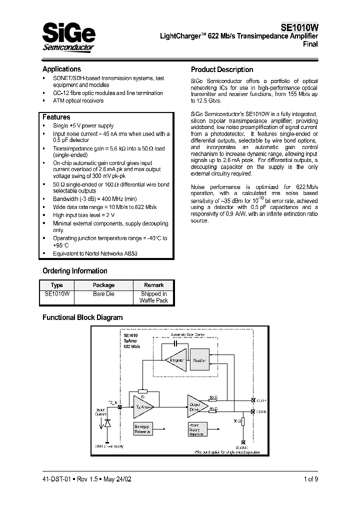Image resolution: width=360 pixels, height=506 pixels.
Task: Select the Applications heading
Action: (61, 69)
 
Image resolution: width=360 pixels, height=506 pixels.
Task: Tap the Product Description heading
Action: (222, 69)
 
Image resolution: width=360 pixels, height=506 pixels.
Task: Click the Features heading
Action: (56, 117)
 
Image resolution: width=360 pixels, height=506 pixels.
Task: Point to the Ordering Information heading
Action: (74, 271)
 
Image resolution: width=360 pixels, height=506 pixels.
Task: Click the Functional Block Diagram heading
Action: (82, 317)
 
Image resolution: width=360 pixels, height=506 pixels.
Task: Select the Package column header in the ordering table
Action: (103, 285)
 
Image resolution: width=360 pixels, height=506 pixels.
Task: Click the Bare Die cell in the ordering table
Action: (103, 294)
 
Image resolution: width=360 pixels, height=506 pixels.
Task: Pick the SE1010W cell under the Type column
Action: (57, 294)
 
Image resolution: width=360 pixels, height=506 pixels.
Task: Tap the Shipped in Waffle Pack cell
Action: (153, 297)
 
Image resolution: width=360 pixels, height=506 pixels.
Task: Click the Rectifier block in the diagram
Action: (199, 360)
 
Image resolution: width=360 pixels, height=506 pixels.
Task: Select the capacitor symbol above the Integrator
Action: (175, 344)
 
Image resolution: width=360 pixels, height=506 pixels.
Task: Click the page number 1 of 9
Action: (310, 479)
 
